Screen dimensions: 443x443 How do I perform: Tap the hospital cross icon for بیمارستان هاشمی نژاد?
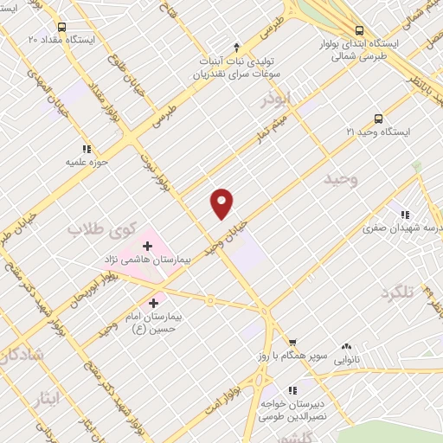pyautogui.click(x=147, y=247)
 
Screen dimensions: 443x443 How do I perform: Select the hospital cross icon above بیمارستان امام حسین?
pyautogui.click(x=154, y=303)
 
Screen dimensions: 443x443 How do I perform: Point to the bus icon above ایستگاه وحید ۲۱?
pyautogui.click(x=377, y=119)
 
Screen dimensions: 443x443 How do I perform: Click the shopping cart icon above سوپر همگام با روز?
pyautogui.click(x=292, y=343)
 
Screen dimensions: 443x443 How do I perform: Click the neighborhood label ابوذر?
pyautogui.click(x=279, y=100)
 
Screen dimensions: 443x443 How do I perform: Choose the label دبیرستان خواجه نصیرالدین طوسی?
pyautogui.click(x=293, y=409)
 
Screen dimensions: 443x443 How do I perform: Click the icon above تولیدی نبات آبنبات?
pyautogui.click(x=237, y=46)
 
